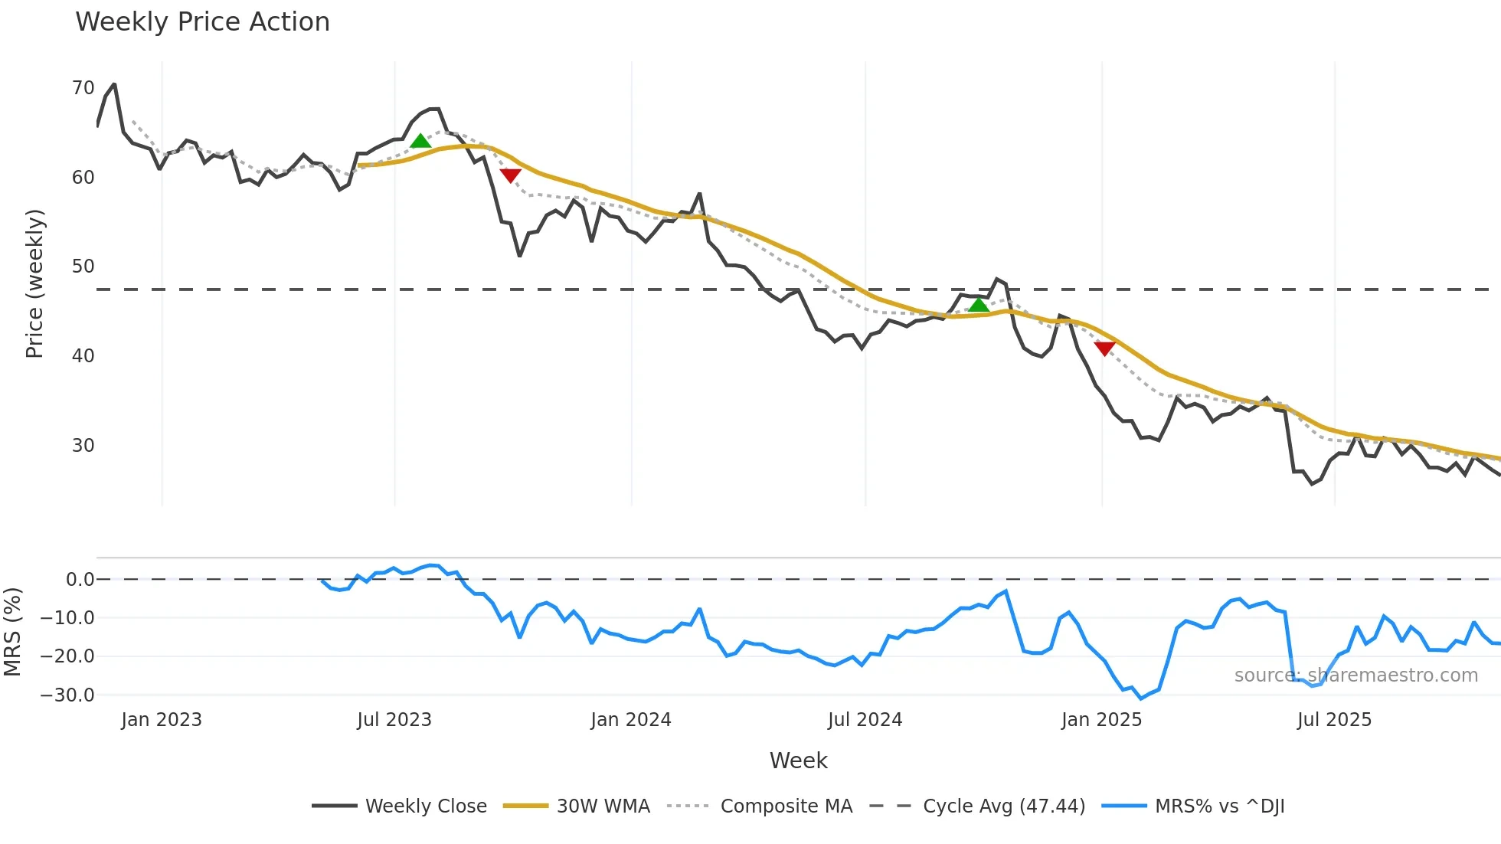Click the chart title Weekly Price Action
click(x=202, y=22)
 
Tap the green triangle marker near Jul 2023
click(x=420, y=141)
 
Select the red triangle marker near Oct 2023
click(x=510, y=175)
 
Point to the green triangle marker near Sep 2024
click(x=978, y=306)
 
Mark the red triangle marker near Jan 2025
click(x=1104, y=348)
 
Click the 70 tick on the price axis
click(x=83, y=88)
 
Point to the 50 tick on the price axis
click(x=83, y=267)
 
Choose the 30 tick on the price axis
click(x=83, y=446)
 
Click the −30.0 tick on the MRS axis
click(x=67, y=695)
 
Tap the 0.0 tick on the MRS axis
click(x=80, y=580)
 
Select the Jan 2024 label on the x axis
click(x=630, y=720)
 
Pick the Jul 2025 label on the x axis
click(x=1334, y=720)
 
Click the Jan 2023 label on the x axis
click(x=162, y=720)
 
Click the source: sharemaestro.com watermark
click(x=1355, y=676)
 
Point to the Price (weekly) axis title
click(x=35, y=283)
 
